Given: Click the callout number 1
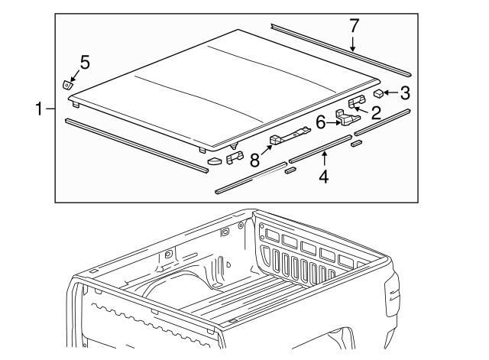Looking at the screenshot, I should [39, 109].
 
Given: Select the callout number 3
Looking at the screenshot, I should [405, 94].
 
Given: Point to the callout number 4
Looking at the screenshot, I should [324, 177].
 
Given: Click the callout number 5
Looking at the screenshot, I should [85, 63].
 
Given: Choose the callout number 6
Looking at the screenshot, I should [321, 121].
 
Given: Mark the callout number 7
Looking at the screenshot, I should [353, 25].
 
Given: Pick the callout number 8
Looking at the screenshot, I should [255, 161].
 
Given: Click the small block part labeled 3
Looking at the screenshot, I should [378, 93].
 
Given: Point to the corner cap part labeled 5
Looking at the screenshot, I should [68, 83].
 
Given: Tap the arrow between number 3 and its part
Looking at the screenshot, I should [390, 94].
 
